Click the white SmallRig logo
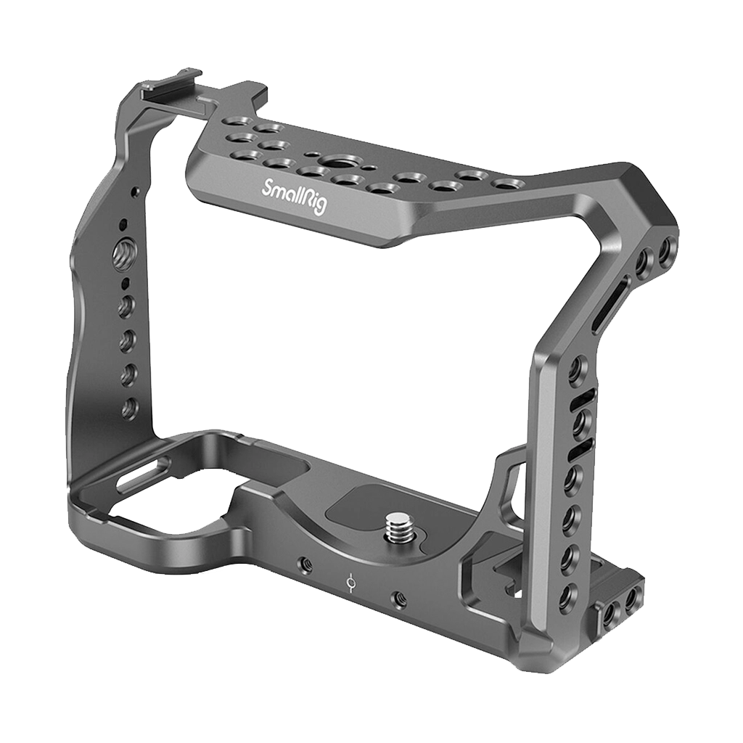(295, 194)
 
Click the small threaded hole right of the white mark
(398, 599)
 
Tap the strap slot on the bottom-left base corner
(143, 476)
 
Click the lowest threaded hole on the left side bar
(128, 409)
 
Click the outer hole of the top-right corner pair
(665, 253)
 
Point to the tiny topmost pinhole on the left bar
(134, 192)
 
